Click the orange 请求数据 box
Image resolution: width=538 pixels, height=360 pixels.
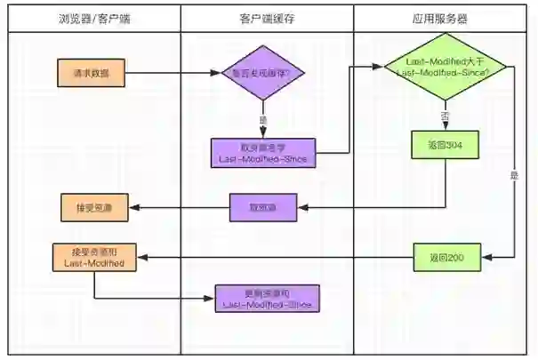(x=93, y=73)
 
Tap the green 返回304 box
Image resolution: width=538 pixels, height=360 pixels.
(x=444, y=144)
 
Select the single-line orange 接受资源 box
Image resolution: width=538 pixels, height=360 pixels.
(x=93, y=208)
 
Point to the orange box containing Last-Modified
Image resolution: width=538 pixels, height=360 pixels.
(x=93, y=258)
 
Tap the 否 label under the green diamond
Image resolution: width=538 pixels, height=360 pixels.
(x=444, y=116)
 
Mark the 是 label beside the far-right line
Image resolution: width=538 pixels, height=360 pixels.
(x=513, y=175)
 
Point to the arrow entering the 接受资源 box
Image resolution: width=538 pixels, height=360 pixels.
(x=178, y=208)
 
